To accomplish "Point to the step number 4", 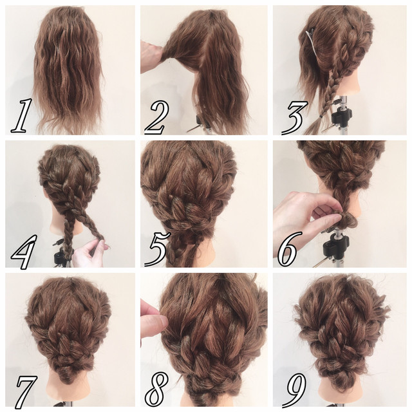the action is point(23,252).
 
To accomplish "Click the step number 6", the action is point(288,249).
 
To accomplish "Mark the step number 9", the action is point(296,389).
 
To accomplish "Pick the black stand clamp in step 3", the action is point(341,115).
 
